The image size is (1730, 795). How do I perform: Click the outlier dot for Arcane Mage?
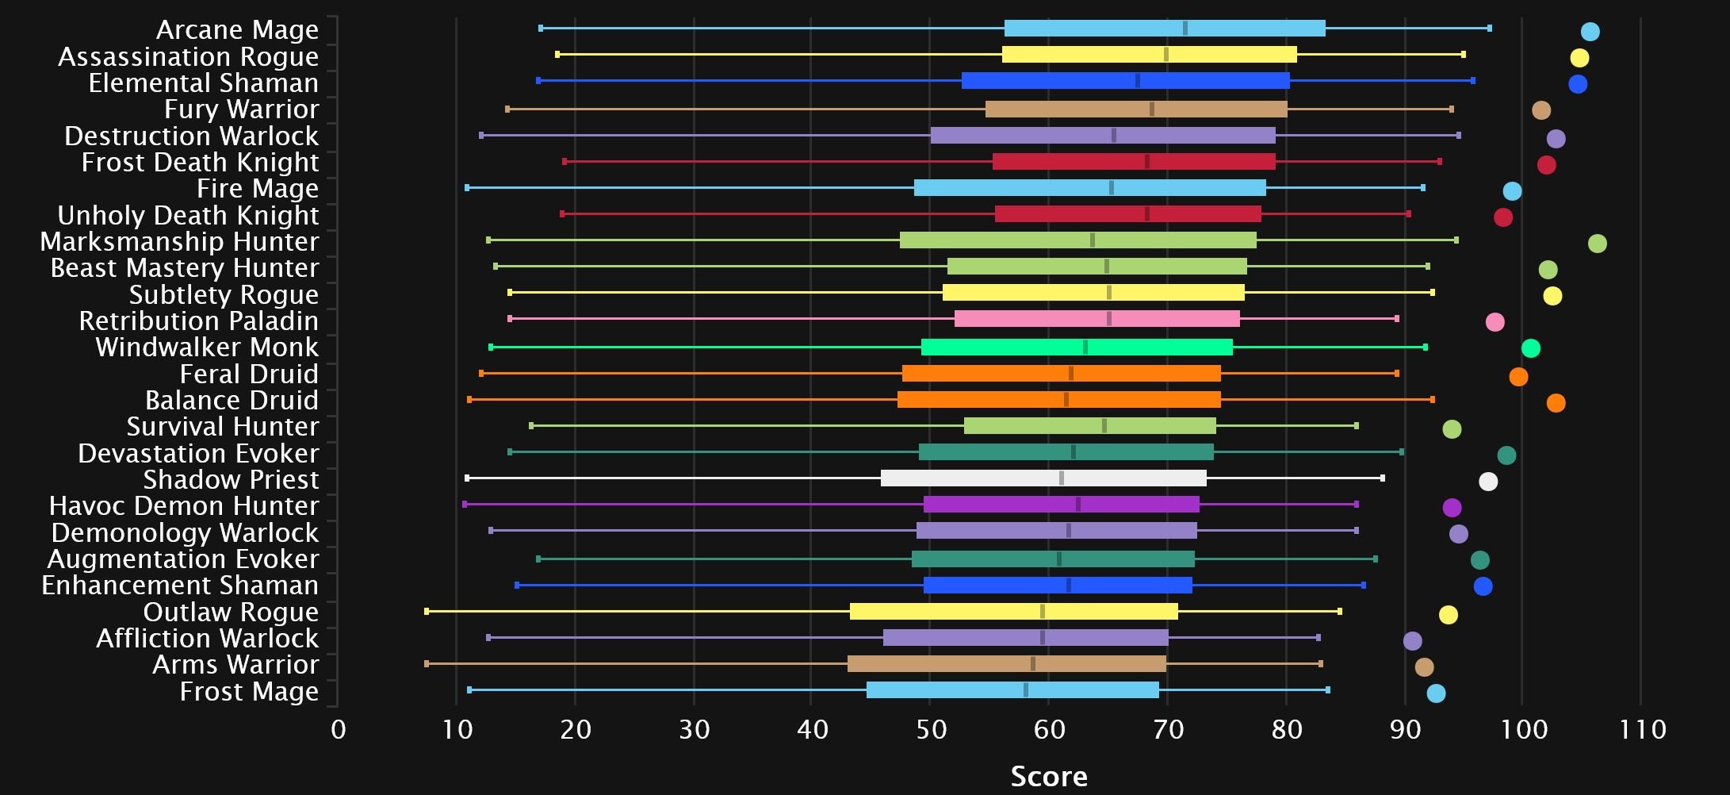1590,32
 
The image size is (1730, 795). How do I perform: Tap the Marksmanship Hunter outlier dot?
1597,244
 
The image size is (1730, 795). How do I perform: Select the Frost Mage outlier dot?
1436,693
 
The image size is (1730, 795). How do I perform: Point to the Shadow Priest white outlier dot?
1488,482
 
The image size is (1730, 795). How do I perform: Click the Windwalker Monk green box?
1077,347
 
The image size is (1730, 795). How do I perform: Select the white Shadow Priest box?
1043,478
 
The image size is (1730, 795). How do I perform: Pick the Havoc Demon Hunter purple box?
1061,505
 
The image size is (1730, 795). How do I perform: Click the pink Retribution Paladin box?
1097,319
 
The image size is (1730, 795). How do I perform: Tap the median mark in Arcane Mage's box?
1185,29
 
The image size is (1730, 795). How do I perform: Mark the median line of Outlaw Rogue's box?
1043,612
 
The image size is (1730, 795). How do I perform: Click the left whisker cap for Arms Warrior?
427,663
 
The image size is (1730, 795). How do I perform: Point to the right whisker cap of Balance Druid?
1432,400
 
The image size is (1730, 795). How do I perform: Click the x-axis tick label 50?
931,729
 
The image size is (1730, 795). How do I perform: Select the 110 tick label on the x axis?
1642,729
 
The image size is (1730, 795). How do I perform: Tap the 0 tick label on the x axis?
339,729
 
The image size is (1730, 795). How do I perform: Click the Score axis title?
1048,776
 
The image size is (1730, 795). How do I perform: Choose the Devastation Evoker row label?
198,453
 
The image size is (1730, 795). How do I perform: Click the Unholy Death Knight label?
188,215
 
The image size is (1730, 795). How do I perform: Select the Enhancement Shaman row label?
180,586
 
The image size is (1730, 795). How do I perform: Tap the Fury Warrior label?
241,109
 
